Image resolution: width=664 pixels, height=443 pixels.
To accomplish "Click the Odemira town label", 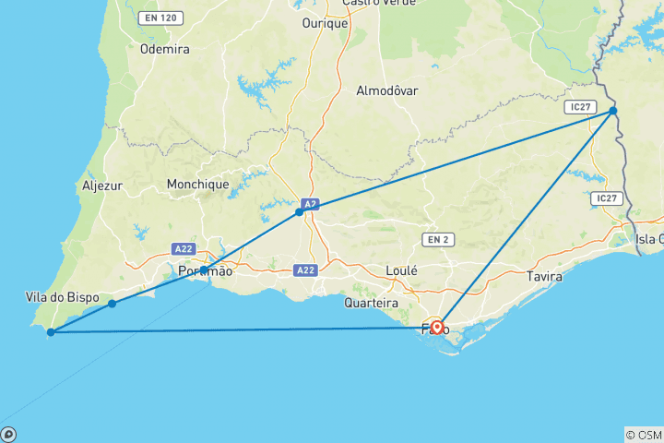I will [x=164, y=51].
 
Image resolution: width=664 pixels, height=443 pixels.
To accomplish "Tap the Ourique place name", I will [x=325, y=24].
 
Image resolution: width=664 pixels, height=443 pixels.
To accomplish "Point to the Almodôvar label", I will [x=387, y=90].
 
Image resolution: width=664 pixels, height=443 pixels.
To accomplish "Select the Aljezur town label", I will [x=101, y=186].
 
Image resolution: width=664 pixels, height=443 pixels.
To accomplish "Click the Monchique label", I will [x=197, y=185].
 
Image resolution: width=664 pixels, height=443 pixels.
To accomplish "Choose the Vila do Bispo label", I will [x=57, y=296].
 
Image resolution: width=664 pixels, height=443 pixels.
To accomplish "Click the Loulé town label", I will [x=403, y=271].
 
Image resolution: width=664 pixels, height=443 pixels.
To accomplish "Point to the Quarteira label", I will [x=371, y=303].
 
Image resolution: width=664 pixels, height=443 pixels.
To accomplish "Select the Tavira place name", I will [x=543, y=276].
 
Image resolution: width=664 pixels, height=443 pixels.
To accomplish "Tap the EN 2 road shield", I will [x=436, y=240].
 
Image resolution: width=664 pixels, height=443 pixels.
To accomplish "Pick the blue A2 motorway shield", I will [x=312, y=205].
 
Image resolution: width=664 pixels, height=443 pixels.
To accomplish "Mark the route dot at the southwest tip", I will [x=51, y=331].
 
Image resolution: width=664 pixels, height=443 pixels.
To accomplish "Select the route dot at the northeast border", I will [x=613, y=111].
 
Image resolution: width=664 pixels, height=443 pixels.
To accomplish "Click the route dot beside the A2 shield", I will [x=299, y=212].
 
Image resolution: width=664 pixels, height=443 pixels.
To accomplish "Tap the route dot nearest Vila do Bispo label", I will [x=112, y=304].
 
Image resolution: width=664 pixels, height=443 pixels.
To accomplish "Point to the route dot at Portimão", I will [x=203, y=269].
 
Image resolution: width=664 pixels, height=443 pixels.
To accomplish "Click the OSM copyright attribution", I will [x=643, y=435].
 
